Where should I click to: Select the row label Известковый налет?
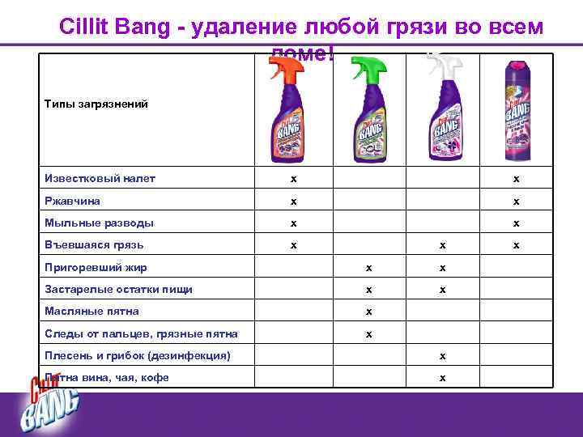tap(100, 178)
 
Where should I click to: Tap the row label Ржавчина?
tap(73, 201)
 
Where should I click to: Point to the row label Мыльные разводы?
tap(100, 223)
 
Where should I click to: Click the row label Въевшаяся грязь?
tap(96, 244)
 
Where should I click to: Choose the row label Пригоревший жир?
tap(96, 266)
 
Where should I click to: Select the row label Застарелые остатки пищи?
tap(117, 288)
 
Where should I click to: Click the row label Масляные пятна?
tap(92, 311)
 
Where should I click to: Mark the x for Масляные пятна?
tap(368, 311)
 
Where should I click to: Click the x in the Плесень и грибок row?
tap(442, 355)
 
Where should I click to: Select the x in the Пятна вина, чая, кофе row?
tap(442, 377)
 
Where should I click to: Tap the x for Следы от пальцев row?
tap(368, 333)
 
